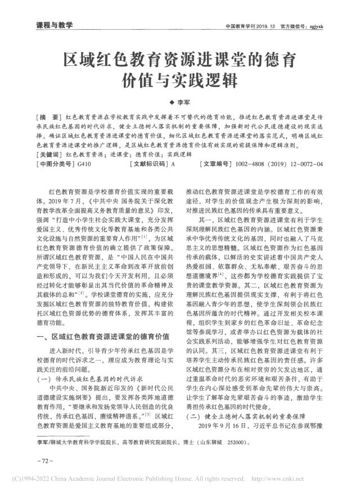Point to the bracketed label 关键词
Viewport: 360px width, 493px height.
coord(49,154)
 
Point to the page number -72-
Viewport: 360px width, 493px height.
coord(44,459)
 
